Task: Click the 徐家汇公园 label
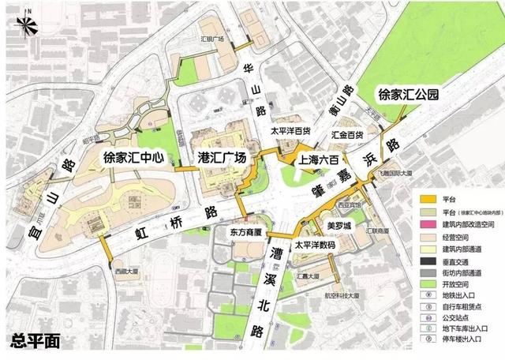pos(408,96)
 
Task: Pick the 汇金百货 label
pos(347,135)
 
